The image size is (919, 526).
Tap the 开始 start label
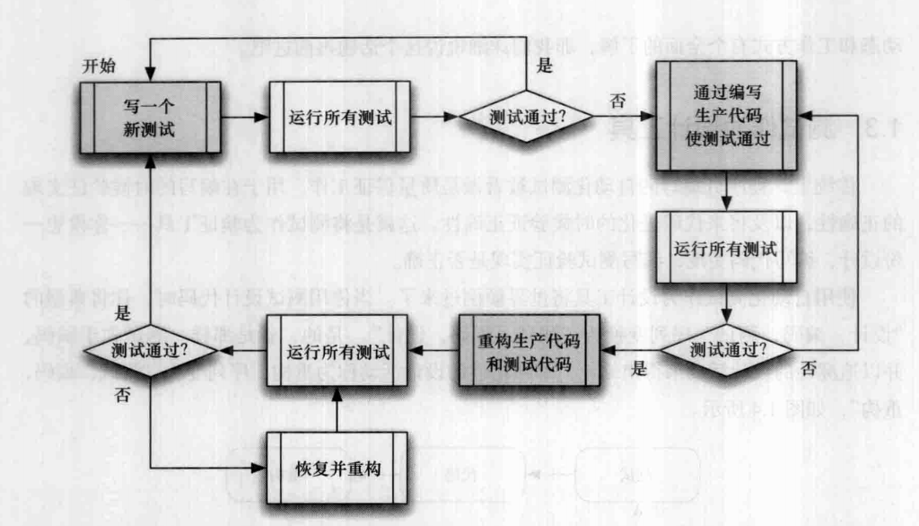point(100,68)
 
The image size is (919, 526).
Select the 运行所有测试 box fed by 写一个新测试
point(339,117)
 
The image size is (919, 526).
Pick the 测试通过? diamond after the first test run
point(527,117)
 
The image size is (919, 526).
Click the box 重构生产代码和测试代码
point(527,351)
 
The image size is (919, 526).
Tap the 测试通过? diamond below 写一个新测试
point(150,350)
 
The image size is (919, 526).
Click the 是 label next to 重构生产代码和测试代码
point(639,368)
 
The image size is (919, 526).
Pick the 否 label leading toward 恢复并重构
point(122,398)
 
